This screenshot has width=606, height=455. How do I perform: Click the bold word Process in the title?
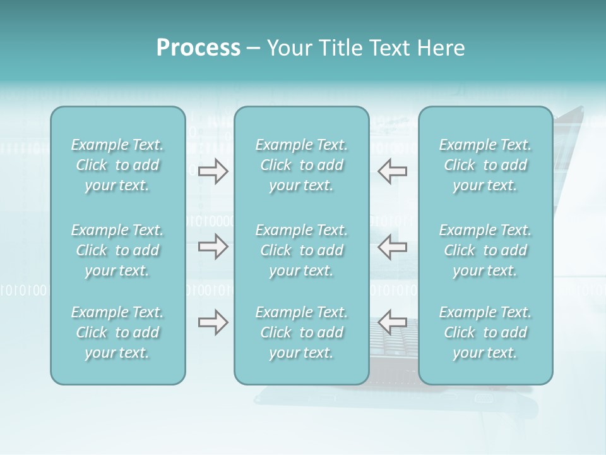[x=198, y=48]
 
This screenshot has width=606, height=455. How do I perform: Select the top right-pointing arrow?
[x=213, y=171]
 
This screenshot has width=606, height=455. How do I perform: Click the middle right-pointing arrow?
[x=213, y=247]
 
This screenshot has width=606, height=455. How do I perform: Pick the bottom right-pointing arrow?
[x=213, y=323]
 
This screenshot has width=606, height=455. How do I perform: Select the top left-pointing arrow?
[x=392, y=171]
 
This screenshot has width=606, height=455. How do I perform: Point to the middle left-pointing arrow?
[x=392, y=247]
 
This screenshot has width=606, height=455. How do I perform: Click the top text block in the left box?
[x=117, y=165]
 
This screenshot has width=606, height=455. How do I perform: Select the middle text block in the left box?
[x=117, y=250]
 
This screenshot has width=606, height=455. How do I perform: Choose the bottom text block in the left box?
[x=117, y=332]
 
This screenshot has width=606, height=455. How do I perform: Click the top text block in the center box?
[x=301, y=165]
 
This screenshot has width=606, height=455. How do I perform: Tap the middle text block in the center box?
[x=301, y=250]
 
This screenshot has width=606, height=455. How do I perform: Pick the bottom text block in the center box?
[x=301, y=332]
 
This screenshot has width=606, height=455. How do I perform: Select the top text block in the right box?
[x=485, y=165]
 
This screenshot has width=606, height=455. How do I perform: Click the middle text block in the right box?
[x=485, y=250]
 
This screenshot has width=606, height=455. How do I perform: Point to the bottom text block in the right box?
[x=485, y=332]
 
